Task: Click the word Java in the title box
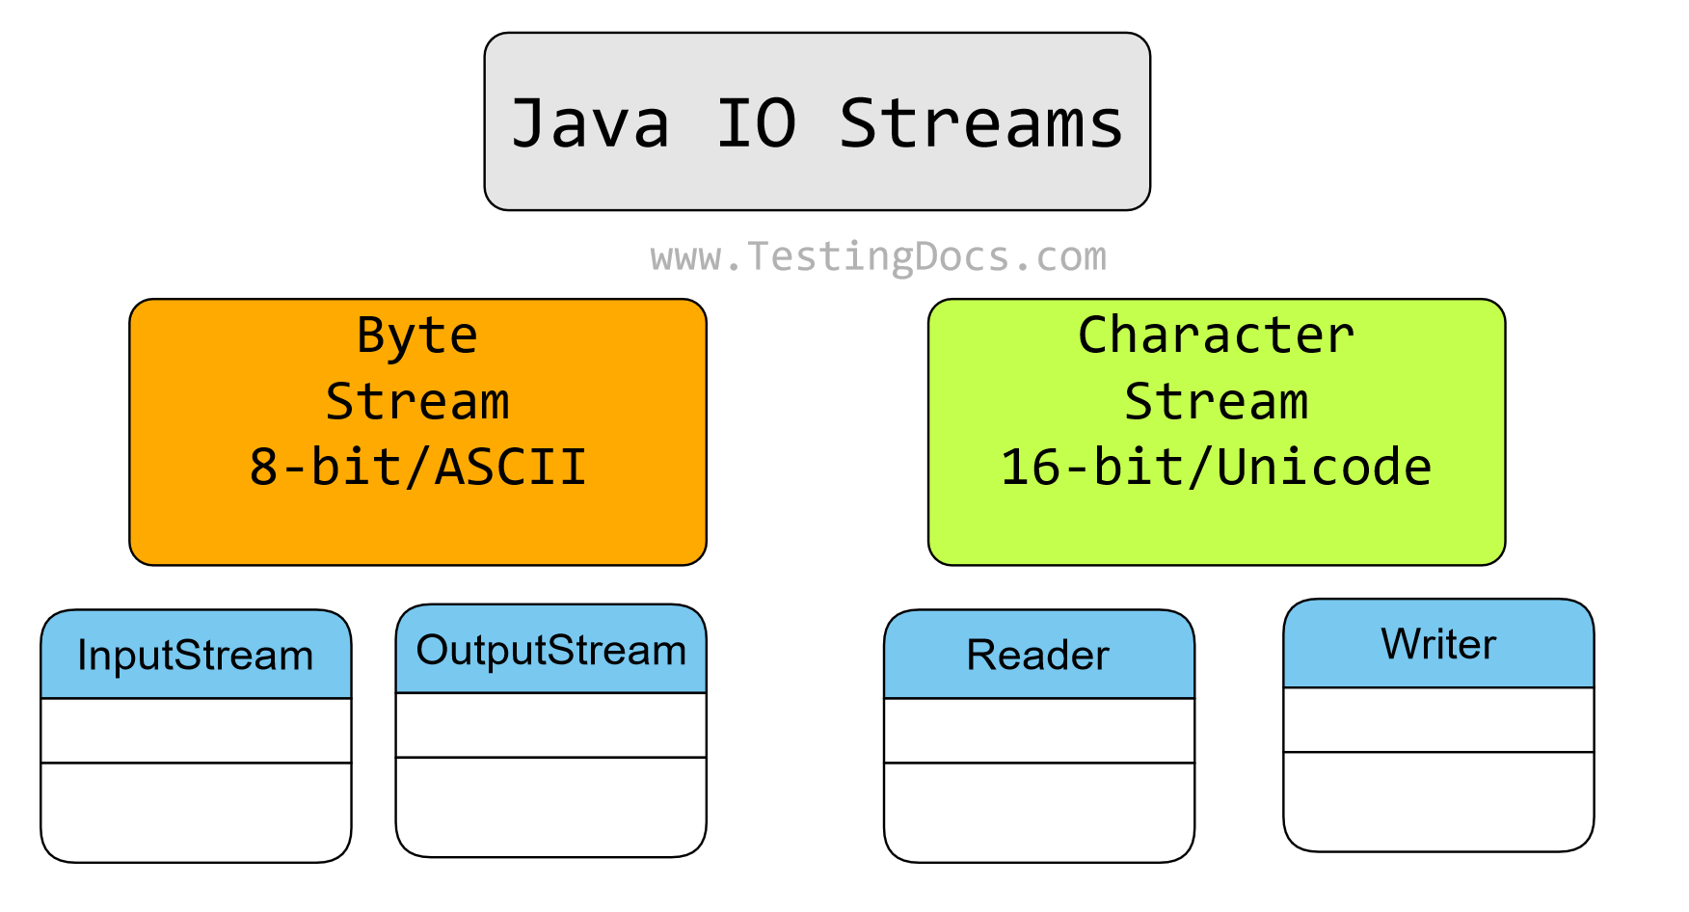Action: click(590, 123)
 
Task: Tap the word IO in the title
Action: click(756, 123)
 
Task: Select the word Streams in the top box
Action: click(980, 123)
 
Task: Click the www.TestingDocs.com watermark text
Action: click(878, 256)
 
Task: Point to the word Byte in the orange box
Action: click(417, 335)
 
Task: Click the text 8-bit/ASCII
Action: click(417, 467)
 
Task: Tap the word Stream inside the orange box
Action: click(417, 401)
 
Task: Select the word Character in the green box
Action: click(1216, 335)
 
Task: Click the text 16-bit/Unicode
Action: click(1216, 467)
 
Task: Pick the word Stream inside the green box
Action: click(1216, 401)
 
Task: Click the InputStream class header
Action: click(196, 655)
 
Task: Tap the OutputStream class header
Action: click(550, 650)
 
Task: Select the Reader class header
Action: click(1038, 655)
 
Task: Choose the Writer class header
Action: click(1438, 644)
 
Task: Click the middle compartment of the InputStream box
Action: click(196, 730)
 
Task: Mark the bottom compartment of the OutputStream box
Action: click(550, 806)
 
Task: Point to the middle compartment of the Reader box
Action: click(1038, 730)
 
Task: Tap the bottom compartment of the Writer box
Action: click(1438, 800)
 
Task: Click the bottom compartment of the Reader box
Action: click(1038, 811)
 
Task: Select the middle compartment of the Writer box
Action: click(1438, 719)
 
